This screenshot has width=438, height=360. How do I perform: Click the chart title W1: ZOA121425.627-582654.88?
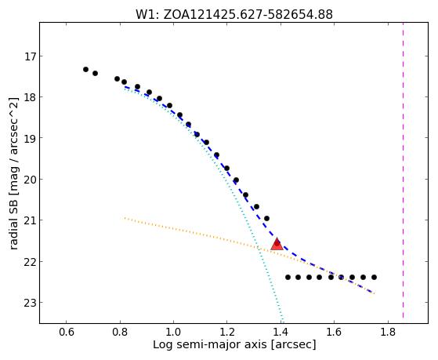tap(234, 14)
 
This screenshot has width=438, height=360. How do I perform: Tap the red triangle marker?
tap(277, 244)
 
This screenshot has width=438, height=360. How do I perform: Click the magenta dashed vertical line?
tap(403, 170)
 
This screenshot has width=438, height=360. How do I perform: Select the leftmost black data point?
tap(85, 69)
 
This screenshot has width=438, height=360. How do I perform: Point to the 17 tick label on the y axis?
tap(31, 56)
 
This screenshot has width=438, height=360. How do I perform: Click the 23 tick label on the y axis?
tap(30, 303)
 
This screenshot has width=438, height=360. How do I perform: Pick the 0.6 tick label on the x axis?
tap(66, 332)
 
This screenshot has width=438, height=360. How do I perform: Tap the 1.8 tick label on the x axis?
tap(388, 332)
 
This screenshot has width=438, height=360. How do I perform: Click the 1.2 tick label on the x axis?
tap(226, 332)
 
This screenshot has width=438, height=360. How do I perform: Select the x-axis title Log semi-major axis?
tap(210, 344)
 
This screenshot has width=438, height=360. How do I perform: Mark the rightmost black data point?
tap(374, 277)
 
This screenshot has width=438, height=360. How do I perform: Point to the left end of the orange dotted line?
tap(125, 218)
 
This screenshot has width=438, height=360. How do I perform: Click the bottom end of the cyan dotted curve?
tap(283, 322)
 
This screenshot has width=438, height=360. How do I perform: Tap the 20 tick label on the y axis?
tap(30, 180)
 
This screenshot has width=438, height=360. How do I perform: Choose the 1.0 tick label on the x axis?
tap(173, 332)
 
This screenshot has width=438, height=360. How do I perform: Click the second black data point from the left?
tap(95, 73)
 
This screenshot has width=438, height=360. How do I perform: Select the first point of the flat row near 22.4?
tap(288, 277)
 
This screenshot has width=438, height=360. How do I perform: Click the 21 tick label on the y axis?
tap(30, 220)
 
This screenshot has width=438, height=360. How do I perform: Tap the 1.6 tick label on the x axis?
tap(334, 332)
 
